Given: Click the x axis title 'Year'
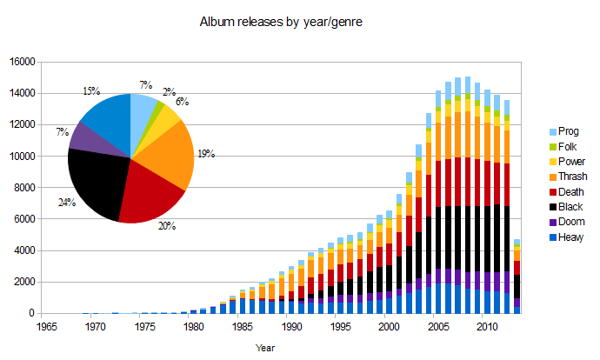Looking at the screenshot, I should [266, 347].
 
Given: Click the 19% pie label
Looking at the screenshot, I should [205, 154].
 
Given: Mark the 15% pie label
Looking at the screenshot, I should [90, 90].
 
